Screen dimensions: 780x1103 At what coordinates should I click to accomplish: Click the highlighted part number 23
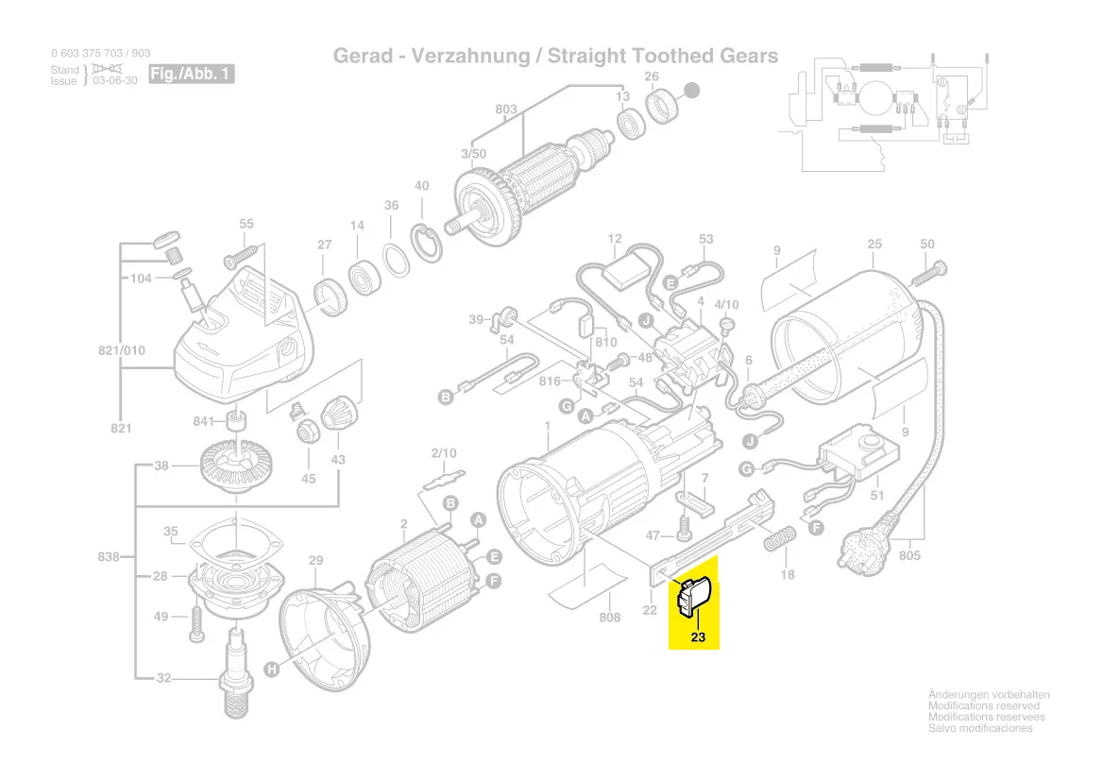coord(698,637)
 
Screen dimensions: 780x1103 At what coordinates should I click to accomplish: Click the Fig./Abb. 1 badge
coord(191,74)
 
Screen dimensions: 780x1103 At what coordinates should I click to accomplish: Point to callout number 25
coord(874,245)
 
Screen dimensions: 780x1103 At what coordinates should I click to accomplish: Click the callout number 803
coord(506,110)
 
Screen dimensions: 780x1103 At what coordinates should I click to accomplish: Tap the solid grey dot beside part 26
coord(692,91)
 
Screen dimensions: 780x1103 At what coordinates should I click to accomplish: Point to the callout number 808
coord(610,618)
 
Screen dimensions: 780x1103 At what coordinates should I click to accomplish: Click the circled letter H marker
coord(271,670)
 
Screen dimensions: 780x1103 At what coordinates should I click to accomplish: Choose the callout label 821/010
coord(122,350)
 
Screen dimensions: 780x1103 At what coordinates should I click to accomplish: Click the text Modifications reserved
coord(983,706)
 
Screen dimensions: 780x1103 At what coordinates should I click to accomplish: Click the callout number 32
coord(163,678)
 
